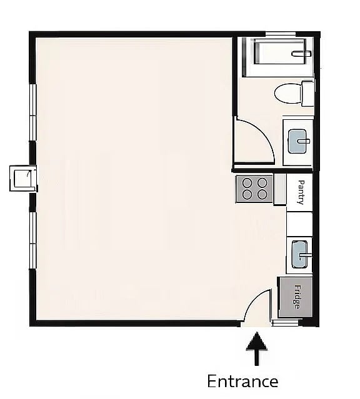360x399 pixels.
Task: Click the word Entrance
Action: [242, 382]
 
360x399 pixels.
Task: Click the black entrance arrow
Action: [256, 348]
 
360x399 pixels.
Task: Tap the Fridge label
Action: [296, 297]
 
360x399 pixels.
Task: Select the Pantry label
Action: [301, 192]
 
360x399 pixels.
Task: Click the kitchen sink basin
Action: [299, 255]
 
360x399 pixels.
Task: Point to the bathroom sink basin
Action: [297, 141]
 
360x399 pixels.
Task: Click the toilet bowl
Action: [288, 94]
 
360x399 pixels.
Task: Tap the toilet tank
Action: [307, 94]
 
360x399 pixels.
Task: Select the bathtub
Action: [280, 51]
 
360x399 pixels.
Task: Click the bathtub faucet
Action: [301, 54]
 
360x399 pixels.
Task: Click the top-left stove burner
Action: [247, 182]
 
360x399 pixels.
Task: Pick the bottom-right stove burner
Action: [262, 195]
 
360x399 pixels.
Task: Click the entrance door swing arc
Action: [253, 298]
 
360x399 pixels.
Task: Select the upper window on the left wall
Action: [33, 112]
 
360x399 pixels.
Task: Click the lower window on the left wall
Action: [33, 240]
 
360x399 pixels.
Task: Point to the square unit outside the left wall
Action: [23, 178]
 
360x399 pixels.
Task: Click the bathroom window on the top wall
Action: [281, 34]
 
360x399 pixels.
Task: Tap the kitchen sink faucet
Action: [305, 255]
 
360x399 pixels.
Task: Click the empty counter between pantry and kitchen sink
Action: [299, 224]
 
